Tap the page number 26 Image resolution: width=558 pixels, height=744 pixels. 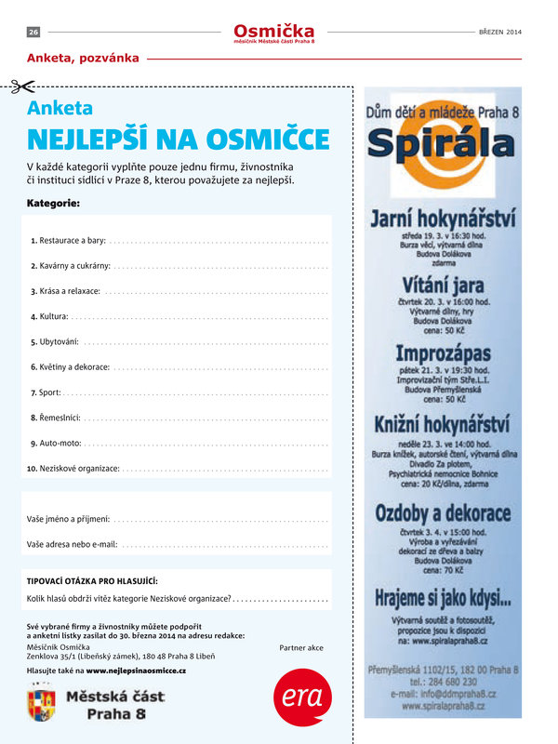33,32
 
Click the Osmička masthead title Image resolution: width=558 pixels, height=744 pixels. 273,31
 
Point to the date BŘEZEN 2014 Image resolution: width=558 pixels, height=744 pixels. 500,32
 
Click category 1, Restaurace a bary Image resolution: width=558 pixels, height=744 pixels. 69,241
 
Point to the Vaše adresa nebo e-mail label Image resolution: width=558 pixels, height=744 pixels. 73,544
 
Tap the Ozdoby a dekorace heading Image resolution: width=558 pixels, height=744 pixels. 443,512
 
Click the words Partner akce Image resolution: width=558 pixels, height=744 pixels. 301,648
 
